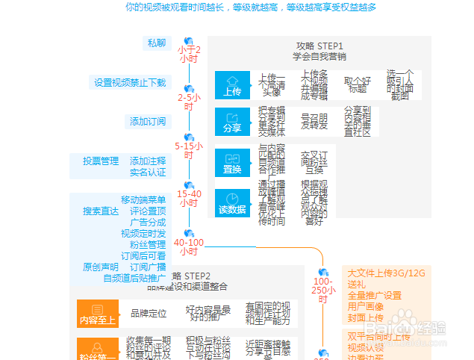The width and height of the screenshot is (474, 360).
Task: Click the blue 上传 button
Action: click(x=232, y=85)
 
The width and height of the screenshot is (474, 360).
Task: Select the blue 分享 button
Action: click(x=232, y=122)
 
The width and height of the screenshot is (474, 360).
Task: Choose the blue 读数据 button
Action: click(x=232, y=202)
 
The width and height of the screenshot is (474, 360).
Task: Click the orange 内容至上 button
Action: click(x=97, y=313)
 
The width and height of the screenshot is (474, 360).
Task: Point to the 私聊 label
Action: click(x=158, y=43)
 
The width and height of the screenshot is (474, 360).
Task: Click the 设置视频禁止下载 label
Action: click(x=130, y=82)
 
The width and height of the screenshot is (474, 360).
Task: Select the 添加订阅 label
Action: click(x=148, y=121)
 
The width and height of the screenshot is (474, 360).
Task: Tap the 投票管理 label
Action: click(x=101, y=161)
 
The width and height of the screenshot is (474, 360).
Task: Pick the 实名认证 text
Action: click(x=148, y=173)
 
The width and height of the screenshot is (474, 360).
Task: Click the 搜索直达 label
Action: click(x=101, y=211)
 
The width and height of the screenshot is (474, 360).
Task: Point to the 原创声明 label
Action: click(x=101, y=267)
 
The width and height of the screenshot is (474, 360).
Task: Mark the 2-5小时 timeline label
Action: click(x=189, y=102)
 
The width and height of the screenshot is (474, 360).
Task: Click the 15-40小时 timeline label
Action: click(x=189, y=199)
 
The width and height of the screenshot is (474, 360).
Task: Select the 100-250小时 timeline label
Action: click(x=323, y=290)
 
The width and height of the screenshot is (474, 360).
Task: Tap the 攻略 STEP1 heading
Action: click(x=319, y=46)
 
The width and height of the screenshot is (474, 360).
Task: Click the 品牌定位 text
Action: click(x=149, y=313)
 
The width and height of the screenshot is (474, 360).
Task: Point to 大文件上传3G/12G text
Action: click(x=386, y=273)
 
